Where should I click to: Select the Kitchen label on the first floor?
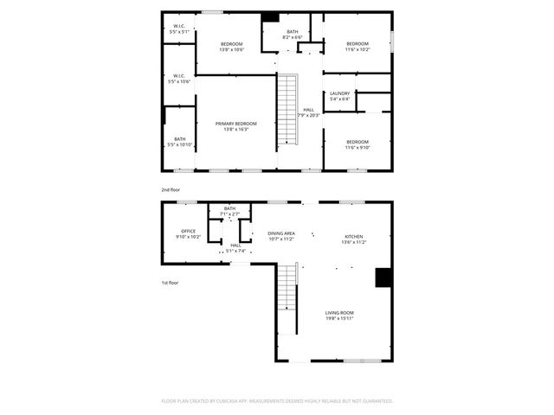[x=354, y=236]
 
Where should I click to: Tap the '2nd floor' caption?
[x=171, y=189]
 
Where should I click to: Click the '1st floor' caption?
[x=170, y=283]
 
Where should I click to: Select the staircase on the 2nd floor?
[x=287, y=110]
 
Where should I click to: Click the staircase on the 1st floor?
[x=287, y=297]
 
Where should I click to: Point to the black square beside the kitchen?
[x=382, y=277]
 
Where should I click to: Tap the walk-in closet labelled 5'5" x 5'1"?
[x=179, y=29]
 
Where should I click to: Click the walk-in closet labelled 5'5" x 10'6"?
[x=179, y=78]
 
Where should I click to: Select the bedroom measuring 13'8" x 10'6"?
[x=231, y=47]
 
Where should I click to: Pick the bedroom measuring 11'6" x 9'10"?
[x=358, y=144]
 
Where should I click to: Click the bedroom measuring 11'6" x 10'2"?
[x=358, y=47]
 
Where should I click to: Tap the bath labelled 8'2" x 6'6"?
[x=293, y=35]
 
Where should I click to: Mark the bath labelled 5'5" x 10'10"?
[x=179, y=141]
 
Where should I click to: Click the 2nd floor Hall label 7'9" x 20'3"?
[x=308, y=112]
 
